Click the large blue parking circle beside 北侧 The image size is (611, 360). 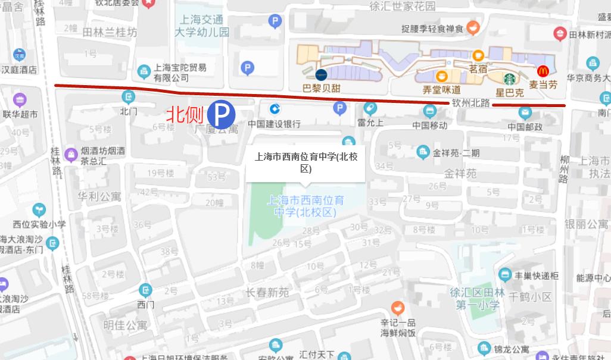pyautogui.click(x=221, y=114)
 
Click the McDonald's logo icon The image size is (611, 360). pyautogui.click(x=543, y=71)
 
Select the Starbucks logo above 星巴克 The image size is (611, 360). pyautogui.click(x=509, y=79)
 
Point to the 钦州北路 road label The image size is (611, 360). pyautogui.click(x=470, y=103)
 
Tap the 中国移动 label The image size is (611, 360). pyautogui.click(x=430, y=125)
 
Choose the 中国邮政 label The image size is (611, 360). pyautogui.click(x=525, y=127)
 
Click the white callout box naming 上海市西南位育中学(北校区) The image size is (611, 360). pyautogui.click(x=305, y=162)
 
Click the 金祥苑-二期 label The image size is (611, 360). pyautogui.click(x=456, y=153)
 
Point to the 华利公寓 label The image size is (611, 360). pyautogui.click(x=99, y=195)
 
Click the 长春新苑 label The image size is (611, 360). pyautogui.click(x=267, y=292)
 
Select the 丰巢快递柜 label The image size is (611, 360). pyautogui.click(x=537, y=275)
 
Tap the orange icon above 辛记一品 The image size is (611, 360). pyautogui.click(x=398, y=308)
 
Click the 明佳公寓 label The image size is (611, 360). pyautogui.click(x=125, y=325)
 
